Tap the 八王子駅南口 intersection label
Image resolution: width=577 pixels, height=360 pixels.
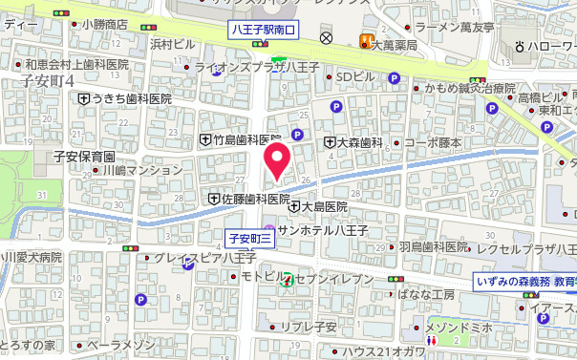tap(265, 31)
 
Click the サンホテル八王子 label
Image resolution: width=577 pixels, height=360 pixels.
tap(322, 230)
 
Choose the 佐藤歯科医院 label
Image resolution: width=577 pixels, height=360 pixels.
tap(255, 199)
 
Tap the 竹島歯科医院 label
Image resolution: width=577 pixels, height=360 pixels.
tap(246, 139)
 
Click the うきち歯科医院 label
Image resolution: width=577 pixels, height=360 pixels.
tap(132, 98)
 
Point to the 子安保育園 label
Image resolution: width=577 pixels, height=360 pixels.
tap(84, 157)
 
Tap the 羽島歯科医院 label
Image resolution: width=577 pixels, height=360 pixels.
tap(434, 246)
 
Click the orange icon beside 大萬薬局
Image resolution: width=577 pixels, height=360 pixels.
tap(364, 40)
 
